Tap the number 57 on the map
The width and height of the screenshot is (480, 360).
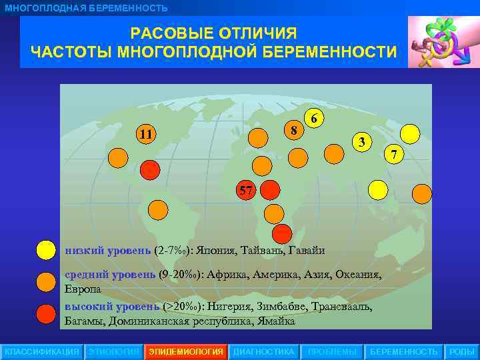click(x=246, y=191)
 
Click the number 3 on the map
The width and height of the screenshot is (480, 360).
click(x=361, y=142)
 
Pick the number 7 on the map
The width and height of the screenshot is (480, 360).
click(x=394, y=155)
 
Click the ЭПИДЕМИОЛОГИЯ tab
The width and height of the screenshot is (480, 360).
click(x=186, y=351)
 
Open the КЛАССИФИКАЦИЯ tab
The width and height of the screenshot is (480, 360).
click(x=42, y=351)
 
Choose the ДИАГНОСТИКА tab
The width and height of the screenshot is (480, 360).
click(x=263, y=351)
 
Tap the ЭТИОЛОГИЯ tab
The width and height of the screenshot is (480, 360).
click(x=114, y=351)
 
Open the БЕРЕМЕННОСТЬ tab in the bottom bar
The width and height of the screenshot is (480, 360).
click(x=404, y=351)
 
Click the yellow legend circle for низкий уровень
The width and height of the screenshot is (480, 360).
click(x=45, y=251)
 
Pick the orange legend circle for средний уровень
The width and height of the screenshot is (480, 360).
click(x=45, y=281)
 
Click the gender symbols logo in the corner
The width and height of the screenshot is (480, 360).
click(x=441, y=42)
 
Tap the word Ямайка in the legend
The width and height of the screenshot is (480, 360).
click(x=273, y=321)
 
